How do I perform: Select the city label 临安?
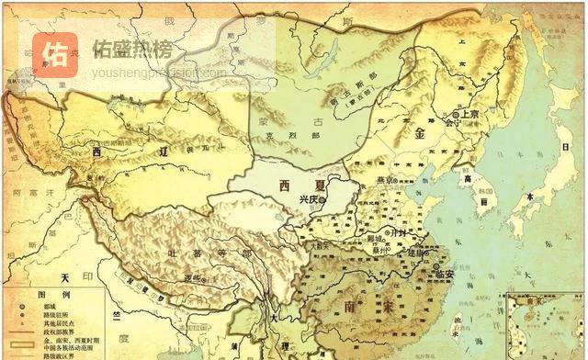445,272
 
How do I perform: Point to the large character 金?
421,133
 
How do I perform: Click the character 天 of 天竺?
65,277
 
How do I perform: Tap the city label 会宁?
452,121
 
